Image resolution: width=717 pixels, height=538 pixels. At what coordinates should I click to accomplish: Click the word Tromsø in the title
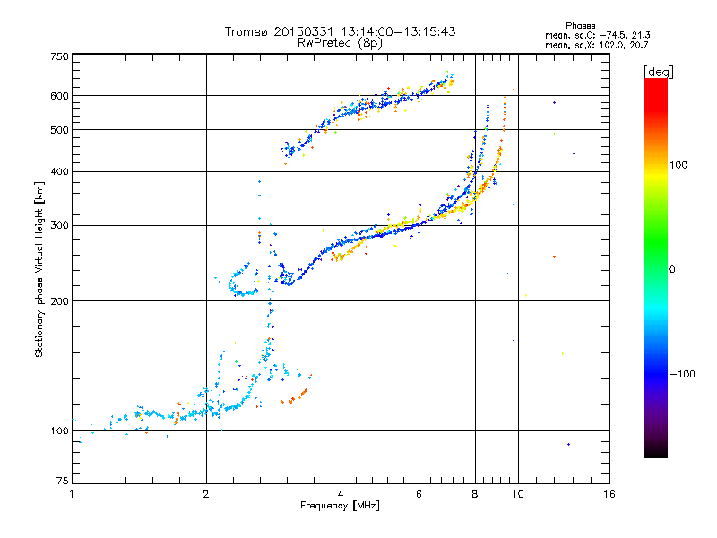pos(246,31)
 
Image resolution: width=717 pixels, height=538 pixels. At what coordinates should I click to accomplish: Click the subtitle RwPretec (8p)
pos(341,42)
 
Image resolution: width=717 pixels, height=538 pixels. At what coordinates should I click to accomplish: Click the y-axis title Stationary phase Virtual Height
pos(39,269)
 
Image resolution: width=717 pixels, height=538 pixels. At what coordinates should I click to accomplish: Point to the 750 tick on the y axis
pos(60,56)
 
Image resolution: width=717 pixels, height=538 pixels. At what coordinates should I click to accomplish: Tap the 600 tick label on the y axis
pos(60,95)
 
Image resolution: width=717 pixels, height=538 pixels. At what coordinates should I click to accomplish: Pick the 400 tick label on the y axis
pos(60,171)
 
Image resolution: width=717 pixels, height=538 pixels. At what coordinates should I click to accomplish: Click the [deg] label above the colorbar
pos(658,71)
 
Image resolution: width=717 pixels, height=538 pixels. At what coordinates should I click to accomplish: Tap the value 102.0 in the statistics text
pos(619,44)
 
